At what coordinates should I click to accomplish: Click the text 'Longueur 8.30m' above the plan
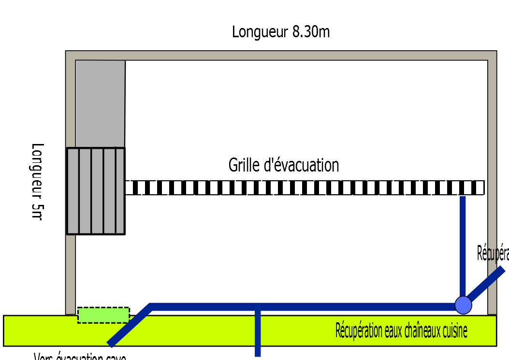click(x=281, y=32)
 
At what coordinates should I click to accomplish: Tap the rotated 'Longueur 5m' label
click(x=37, y=182)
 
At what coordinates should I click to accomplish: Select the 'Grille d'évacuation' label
click(x=284, y=165)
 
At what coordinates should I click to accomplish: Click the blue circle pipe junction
click(x=463, y=305)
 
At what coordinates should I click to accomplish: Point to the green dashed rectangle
click(x=103, y=315)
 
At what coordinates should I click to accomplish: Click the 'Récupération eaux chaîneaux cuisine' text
click(x=401, y=331)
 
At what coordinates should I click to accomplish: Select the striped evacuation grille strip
click(x=305, y=187)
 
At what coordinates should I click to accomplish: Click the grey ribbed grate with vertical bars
click(x=96, y=191)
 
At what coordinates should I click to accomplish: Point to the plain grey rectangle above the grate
click(x=101, y=103)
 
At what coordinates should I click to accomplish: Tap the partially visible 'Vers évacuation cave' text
click(x=80, y=357)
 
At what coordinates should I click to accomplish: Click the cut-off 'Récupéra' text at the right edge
click(x=493, y=253)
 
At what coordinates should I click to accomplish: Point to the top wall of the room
click(x=281, y=55)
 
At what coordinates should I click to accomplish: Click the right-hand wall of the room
click(x=492, y=184)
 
